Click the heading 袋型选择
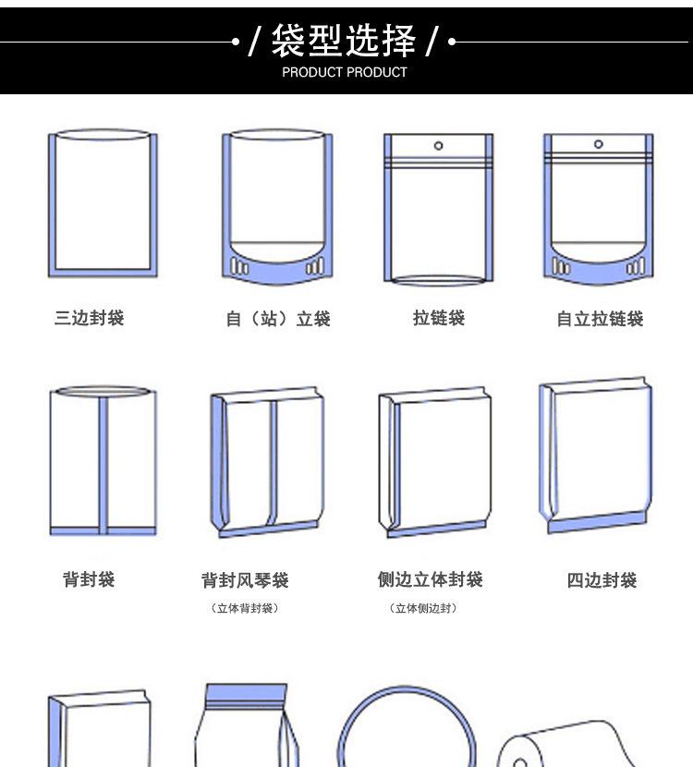(x=344, y=41)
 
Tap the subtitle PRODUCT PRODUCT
(x=344, y=72)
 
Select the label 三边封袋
(x=89, y=319)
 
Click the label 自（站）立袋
(x=278, y=320)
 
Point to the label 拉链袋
(x=439, y=319)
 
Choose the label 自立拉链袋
(x=600, y=320)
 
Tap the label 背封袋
(x=89, y=580)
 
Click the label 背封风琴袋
(x=245, y=580)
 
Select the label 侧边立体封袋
(x=431, y=580)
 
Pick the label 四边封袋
(x=602, y=581)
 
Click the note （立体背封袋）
(x=245, y=608)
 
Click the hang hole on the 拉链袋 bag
(x=439, y=145)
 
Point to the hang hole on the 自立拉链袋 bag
(x=599, y=144)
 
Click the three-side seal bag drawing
(x=103, y=203)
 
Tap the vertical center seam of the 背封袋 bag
(x=103, y=462)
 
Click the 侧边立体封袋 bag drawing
(x=434, y=462)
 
